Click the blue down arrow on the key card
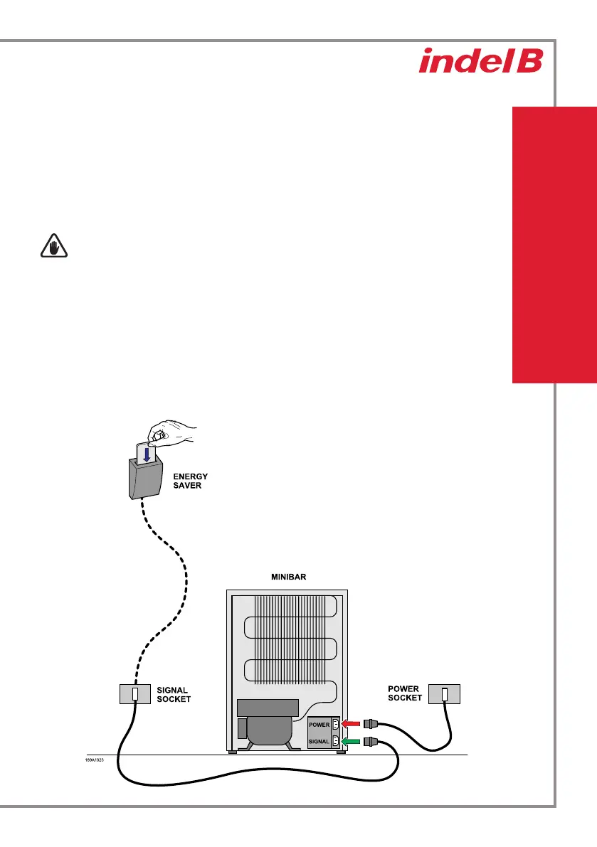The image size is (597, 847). pyautogui.click(x=145, y=454)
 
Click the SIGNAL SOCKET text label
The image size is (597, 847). pyautogui.click(x=174, y=694)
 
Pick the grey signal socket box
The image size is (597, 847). pyautogui.click(x=134, y=694)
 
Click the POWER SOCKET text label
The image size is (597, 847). pyautogui.click(x=404, y=693)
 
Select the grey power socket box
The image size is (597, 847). pyautogui.click(x=443, y=693)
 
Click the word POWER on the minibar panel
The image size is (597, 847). pyautogui.click(x=319, y=725)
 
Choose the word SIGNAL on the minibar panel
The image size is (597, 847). pyautogui.click(x=319, y=742)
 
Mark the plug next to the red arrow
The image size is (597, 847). pyautogui.click(x=371, y=724)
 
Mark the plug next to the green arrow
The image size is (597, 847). pyautogui.click(x=371, y=741)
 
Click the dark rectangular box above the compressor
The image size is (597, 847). pyautogui.click(x=267, y=708)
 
